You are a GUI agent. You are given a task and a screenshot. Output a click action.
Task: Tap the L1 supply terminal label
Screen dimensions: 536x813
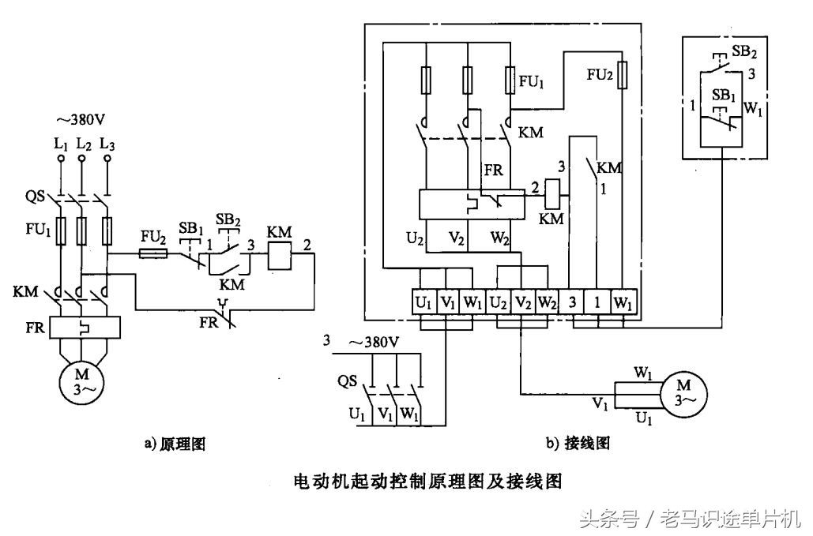coord(60,144)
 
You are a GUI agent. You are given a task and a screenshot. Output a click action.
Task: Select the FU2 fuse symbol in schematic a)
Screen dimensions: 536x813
coord(152,253)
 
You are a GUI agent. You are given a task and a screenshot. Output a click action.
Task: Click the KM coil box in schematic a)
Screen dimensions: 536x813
coord(280,253)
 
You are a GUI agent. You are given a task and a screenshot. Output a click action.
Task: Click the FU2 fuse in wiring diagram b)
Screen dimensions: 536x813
coord(624,76)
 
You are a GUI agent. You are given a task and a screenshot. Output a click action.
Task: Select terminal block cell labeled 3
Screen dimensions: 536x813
coord(573,302)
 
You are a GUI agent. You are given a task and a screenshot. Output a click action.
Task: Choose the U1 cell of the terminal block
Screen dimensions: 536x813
coord(423,302)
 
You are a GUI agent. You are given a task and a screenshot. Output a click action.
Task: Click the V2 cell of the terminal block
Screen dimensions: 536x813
coord(521,302)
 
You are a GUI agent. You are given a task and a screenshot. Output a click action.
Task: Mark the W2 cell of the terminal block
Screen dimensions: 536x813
coord(547,302)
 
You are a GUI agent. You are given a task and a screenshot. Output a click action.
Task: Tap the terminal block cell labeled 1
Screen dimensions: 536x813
coord(598,302)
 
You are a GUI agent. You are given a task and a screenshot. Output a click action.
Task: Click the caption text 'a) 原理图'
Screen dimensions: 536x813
coord(175,444)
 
